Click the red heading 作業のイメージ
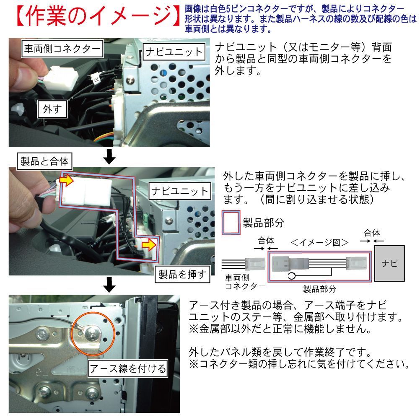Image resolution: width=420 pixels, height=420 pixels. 98,16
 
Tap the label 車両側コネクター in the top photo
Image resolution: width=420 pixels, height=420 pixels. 62,49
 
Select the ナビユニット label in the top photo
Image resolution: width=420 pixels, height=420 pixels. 174,52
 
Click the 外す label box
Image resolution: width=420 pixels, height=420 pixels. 52,109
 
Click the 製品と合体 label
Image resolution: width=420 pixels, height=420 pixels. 44,161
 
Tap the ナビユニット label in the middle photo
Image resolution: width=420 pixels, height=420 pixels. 180,191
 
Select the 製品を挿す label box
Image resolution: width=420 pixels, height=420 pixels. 182,274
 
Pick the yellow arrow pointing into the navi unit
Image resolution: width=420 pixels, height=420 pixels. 149,244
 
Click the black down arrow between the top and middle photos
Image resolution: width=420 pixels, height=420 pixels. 109,156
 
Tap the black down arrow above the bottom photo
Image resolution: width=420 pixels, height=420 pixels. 109,285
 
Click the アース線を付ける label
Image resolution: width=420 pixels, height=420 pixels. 128,368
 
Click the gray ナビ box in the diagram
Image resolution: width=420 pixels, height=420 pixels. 389,263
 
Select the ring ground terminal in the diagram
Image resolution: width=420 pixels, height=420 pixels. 292,275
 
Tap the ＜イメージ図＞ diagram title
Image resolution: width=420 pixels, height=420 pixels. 319,242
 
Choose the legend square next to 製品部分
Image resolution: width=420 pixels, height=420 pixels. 231,223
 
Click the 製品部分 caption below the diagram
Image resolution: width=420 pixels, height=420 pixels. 319,289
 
